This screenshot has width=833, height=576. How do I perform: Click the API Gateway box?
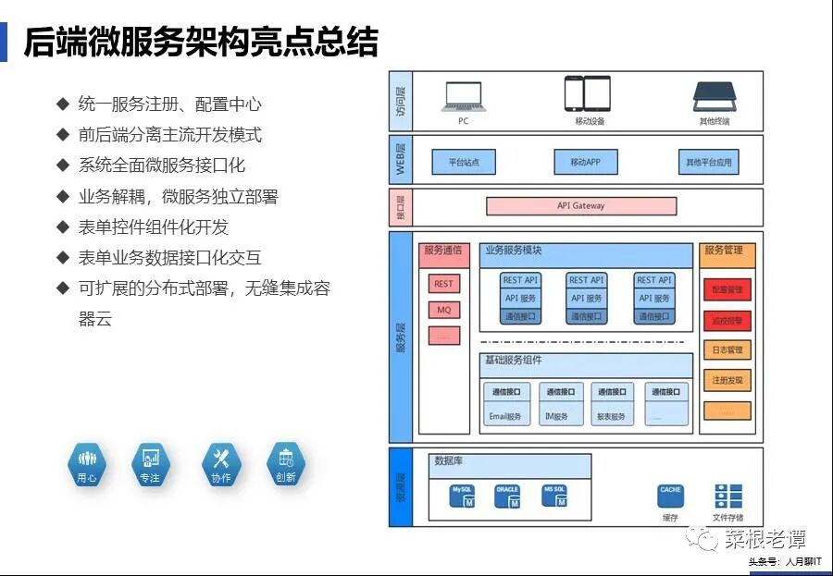[x=581, y=206]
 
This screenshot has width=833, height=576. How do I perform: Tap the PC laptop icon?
[x=464, y=95]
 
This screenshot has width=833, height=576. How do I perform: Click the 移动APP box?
[x=586, y=162]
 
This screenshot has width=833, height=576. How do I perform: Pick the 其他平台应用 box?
[x=708, y=162]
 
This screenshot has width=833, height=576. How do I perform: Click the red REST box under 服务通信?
[x=444, y=285]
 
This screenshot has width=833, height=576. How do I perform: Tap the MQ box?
[x=444, y=310]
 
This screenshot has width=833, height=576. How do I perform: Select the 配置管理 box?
[x=727, y=289]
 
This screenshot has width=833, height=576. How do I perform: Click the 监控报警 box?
[x=727, y=320]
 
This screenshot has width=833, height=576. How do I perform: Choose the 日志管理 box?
[x=727, y=350]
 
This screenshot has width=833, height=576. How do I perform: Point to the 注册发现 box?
[x=727, y=380]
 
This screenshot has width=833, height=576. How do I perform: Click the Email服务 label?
[x=505, y=417]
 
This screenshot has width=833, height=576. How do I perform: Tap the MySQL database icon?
[x=463, y=496]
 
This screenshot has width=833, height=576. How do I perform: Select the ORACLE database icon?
[x=507, y=496]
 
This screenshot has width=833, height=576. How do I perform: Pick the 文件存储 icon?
[x=727, y=496]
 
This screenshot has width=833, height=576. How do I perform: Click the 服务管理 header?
[x=727, y=251]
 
